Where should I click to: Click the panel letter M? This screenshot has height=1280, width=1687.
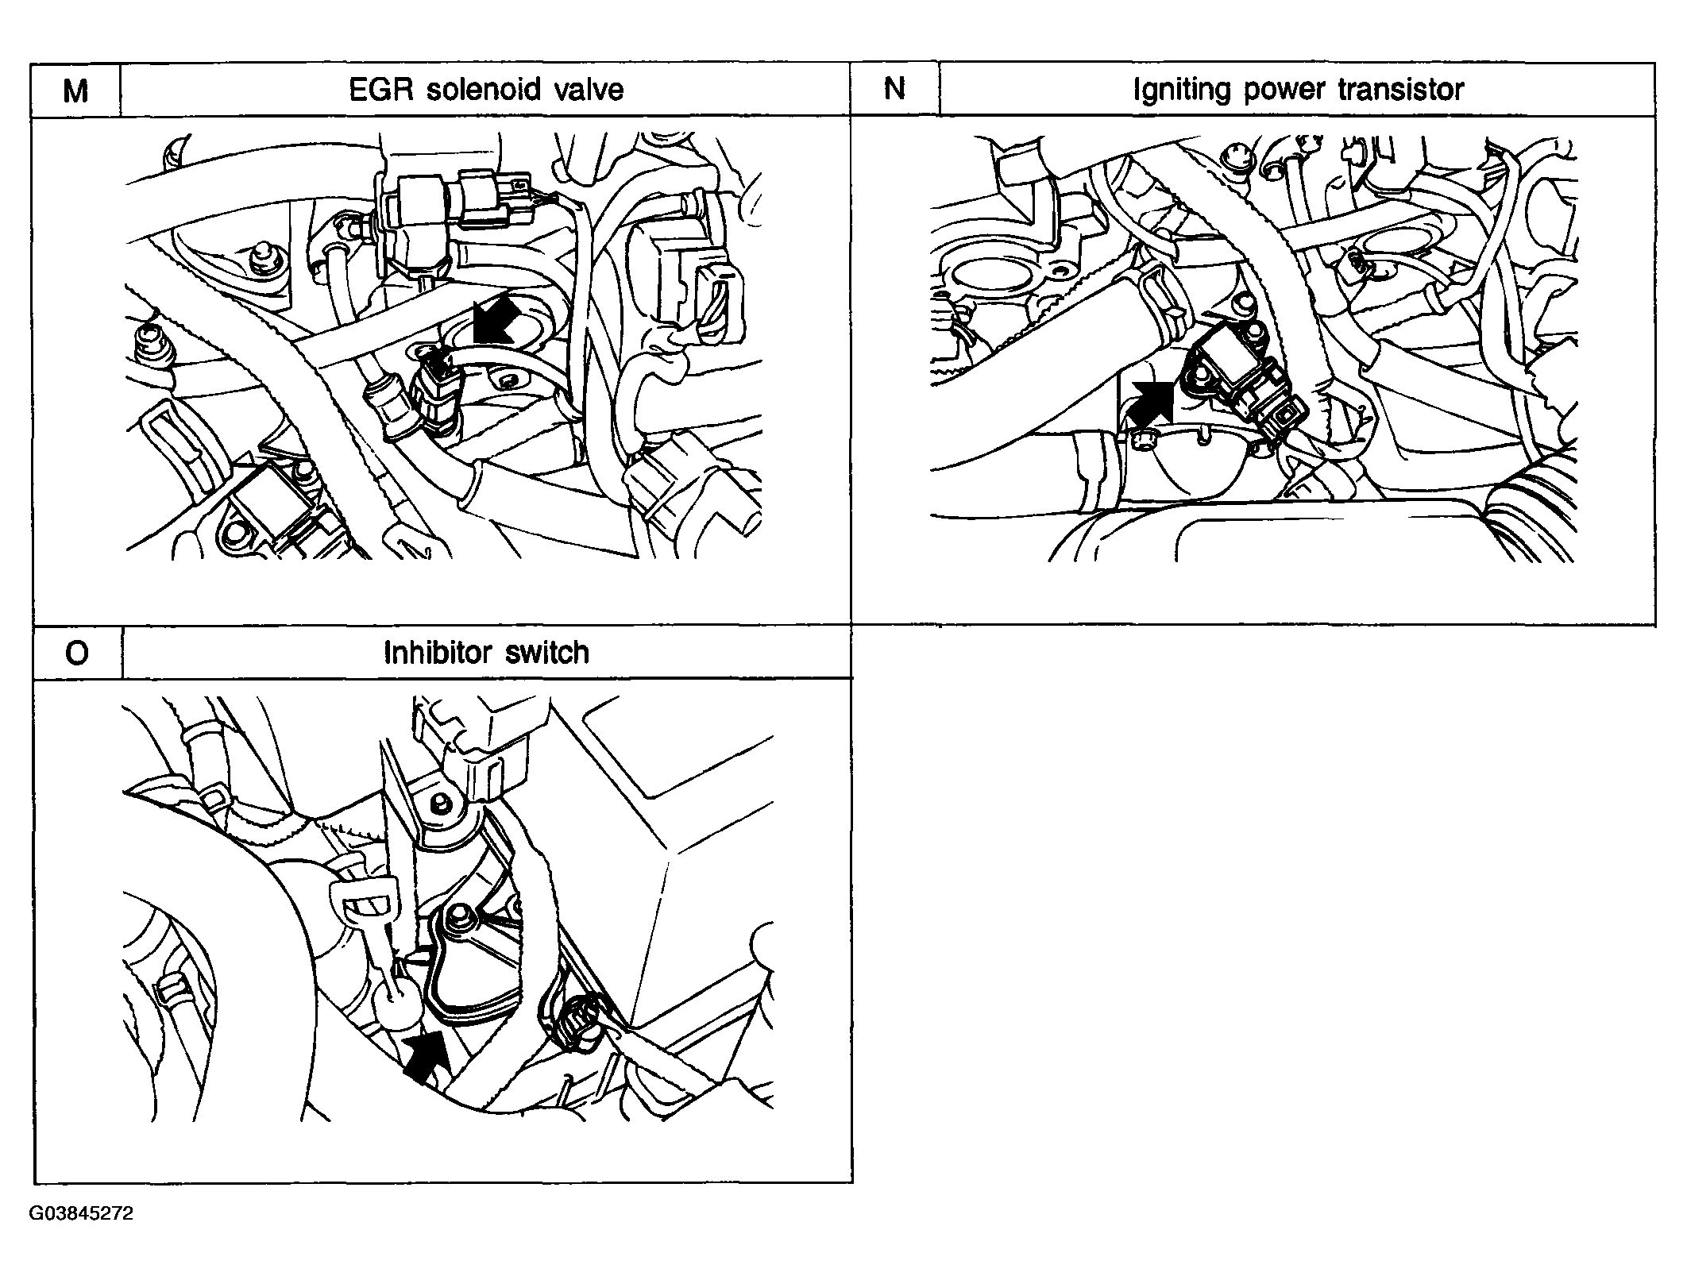(75, 91)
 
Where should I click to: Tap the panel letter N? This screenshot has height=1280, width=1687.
(894, 89)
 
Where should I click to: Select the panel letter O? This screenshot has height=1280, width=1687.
(77, 653)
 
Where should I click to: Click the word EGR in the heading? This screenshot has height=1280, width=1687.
(381, 90)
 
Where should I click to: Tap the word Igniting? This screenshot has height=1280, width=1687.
(1183, 90)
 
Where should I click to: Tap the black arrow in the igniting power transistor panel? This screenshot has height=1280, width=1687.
(1151, 403)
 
